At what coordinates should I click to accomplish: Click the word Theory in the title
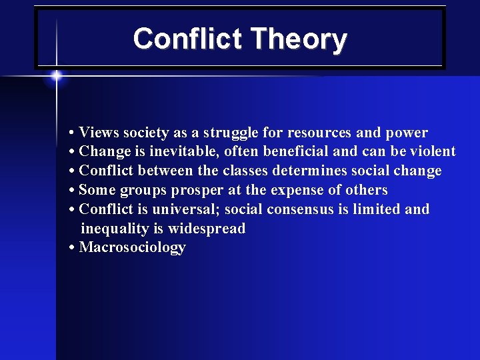tap(296, 39)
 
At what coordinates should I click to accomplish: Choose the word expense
tap(299, 190)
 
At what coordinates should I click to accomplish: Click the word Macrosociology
tap(132, 248)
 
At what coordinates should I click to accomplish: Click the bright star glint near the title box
tap(57, 75)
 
